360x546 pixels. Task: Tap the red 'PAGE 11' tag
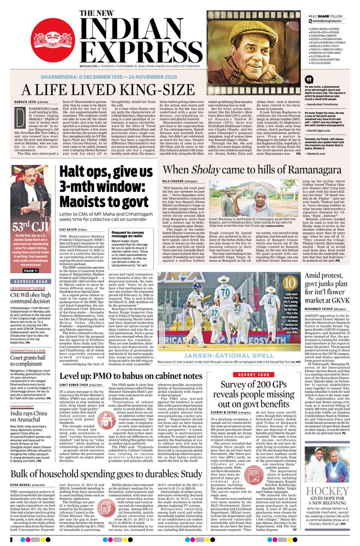pos(31,254)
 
